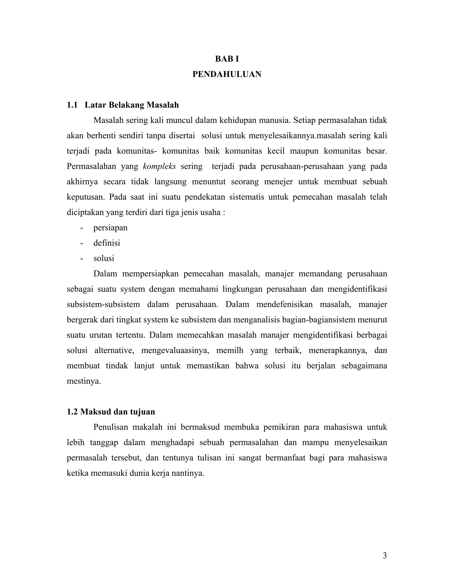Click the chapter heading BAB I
pyautogui.click(x=227, y=59)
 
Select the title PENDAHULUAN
pyautogui.click(x=227, y=74)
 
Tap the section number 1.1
pyautogui.click(x=72, y=105)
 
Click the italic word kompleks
pyautogui.click(x=159, y=166)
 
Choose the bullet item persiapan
pyautogui.click(x=110, y=228)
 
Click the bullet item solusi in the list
pyautogui.click(x=104, y=258)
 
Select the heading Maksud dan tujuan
pyautogui.click(x=117, y=412)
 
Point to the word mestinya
pyautogui.click(x=84, y=381)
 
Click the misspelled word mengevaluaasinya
pyautogui.click(x=175, y=350)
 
